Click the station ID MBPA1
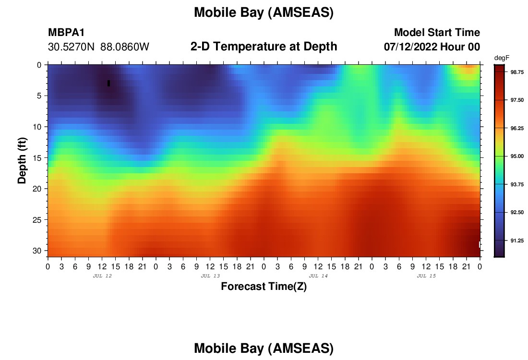[66, 32]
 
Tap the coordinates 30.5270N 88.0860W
[99, 47]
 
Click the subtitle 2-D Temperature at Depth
[264, 47]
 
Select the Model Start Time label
[437, 32]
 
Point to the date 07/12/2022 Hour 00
[432, 47]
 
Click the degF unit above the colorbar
[502, 58]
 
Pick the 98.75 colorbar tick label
[517, 72]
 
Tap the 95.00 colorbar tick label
[517, 156]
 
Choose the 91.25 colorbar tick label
[517, 240]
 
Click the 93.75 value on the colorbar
[517, 184]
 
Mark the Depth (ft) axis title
[22, 161]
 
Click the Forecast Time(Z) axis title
[264, 286]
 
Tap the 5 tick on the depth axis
[39, 96]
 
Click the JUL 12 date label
[102, 276]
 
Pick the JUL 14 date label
[318, 276]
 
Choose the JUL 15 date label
[426, 276]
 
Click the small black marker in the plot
[109, 83]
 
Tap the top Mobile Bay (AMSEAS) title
[264, 12]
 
